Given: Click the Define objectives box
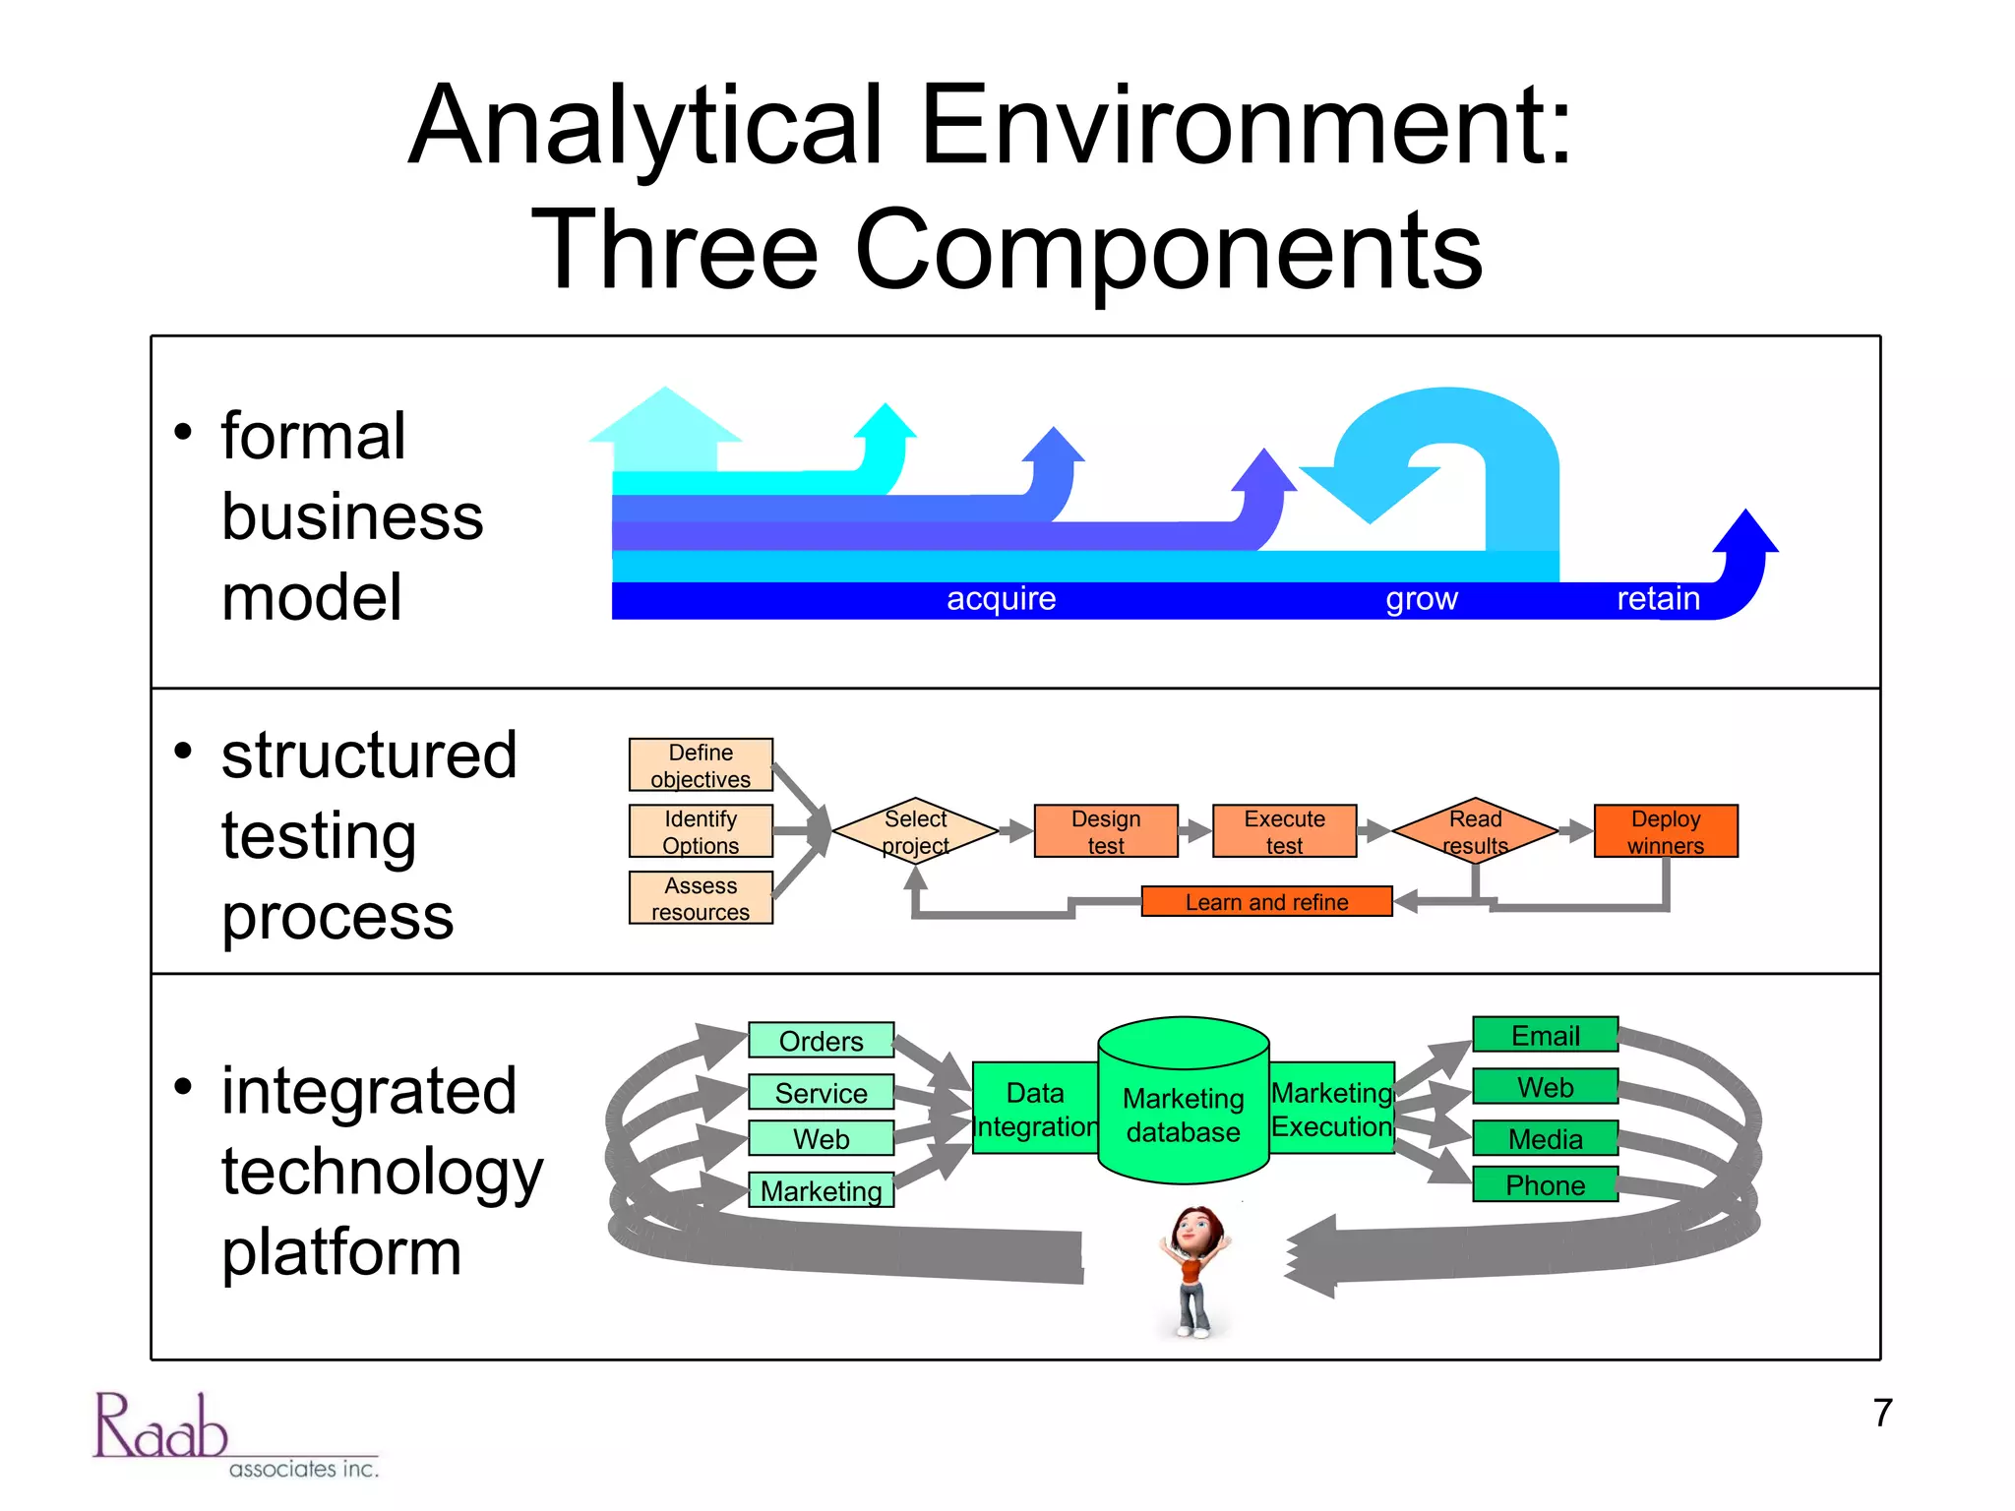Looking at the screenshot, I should (701, 764).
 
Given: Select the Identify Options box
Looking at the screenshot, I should (701, 831).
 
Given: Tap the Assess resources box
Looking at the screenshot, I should (701, 897).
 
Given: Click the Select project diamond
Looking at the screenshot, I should (915, 831).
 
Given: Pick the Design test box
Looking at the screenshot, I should (1105, 831).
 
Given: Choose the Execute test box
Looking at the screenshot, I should (1284, 831).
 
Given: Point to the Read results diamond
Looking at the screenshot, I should (1475, 831).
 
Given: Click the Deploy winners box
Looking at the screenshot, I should (1665, 831).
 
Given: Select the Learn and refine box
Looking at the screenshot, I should (1266, 901).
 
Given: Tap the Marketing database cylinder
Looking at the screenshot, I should (1183, 1112).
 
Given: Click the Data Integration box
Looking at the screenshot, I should (1034, 1108).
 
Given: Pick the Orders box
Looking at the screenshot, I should (821, 1040).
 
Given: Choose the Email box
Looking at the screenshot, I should (1545, 1035).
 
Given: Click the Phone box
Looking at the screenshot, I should (1545, 1184).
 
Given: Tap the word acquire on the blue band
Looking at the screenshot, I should (1001, 598).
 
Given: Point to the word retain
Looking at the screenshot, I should (1658, 598).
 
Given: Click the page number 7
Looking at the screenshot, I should (1882, 1413).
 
